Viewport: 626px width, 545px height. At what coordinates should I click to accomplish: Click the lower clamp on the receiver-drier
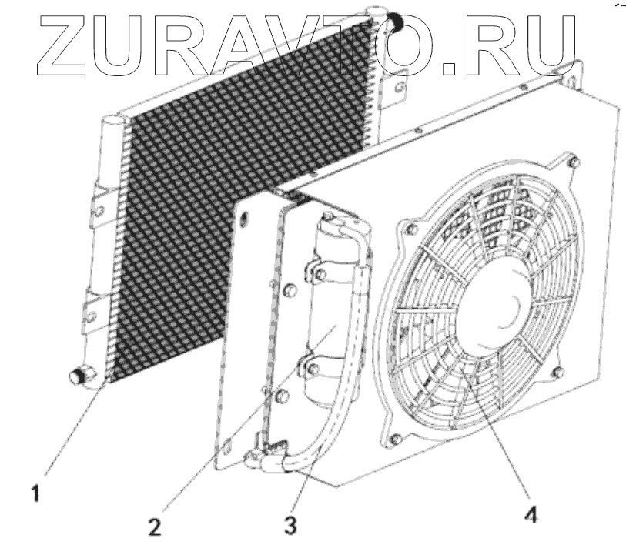323,368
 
